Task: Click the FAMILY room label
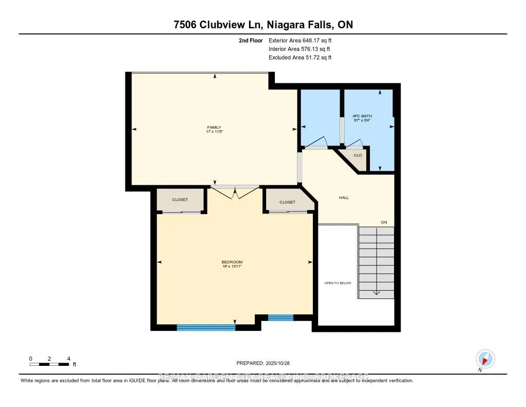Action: click(215, 128)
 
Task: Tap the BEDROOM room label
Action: click(232, 262)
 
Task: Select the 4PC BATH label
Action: click(362, 116)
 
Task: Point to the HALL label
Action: click(344, 197)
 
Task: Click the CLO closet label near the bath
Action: click(358, 155)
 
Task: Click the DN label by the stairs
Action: click(383, 222)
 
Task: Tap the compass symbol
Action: click(485, 359)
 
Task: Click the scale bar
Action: click(49, 364)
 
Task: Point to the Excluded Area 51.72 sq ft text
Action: click(300, 58)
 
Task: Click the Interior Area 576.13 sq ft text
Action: click(300, 49)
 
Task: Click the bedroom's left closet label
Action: click(180, 200)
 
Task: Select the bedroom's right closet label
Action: click(287, 202)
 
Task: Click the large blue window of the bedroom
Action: click(206, 327)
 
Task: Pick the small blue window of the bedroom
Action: click(280, 318)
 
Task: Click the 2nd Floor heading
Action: click(251, 40)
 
